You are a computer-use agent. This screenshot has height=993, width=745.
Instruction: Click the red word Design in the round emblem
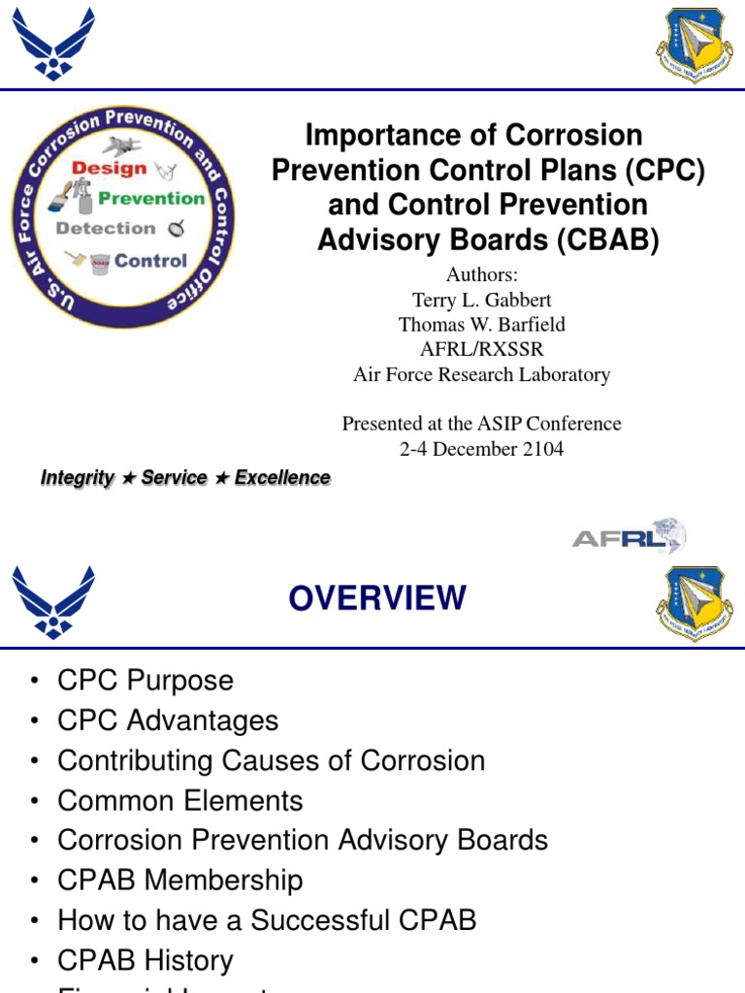[110, 168]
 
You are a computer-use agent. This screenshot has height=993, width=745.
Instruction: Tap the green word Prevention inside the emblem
[152, 198]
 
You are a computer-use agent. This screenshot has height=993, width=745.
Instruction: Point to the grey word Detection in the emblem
[106, 229]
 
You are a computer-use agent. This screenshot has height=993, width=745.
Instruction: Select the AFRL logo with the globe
[629, 537]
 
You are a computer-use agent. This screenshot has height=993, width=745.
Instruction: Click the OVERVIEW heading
[377, 598]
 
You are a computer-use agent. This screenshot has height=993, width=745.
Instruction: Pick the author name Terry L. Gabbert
[482, 299]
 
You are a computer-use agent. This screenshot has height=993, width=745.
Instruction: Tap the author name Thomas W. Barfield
[482, 324]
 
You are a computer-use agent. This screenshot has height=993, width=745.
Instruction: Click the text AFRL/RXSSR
[482, 349]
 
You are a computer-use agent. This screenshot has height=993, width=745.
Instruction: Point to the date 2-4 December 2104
[482, 449]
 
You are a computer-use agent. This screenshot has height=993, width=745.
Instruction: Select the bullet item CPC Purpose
[146, 681]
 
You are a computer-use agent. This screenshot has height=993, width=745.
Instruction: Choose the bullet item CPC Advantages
[168, 721]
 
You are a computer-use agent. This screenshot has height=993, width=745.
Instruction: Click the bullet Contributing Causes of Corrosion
[271, 760]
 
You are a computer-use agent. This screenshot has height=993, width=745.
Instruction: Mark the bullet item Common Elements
[180, 801]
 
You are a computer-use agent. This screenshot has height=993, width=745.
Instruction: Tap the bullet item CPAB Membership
[180, 881]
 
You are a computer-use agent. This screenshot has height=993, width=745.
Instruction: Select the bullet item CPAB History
[146, 961]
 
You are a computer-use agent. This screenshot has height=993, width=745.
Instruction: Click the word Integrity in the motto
[78, 478]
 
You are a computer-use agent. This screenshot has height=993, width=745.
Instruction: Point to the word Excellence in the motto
[282, 478]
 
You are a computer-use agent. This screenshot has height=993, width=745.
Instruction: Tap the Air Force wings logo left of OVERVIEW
[53, 600]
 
